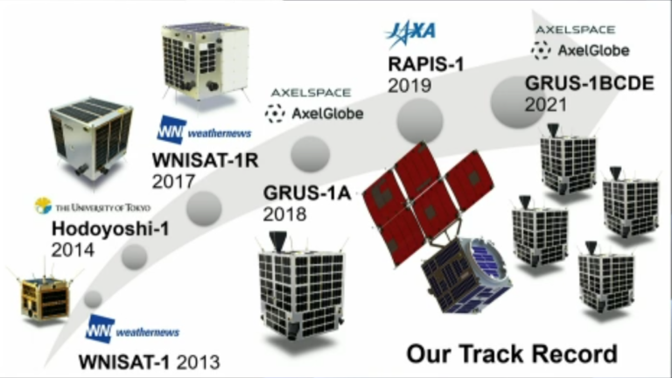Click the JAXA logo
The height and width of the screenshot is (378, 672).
click(x=410, y=33)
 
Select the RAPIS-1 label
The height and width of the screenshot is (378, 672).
click(x=426, y=65)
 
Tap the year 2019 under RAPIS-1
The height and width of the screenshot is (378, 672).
click(x=409, y=85)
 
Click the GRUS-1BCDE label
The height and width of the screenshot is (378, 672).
click(x=590, y=83)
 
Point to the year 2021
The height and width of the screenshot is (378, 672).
click(x=546, y=105)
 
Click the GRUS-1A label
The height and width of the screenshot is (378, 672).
click(x=307, y=193)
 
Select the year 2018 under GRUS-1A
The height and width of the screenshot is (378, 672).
click(x=284, y=214)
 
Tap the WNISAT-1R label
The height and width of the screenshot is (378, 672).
click(x=206, y=161)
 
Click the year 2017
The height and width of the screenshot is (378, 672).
click(x=173, y=182)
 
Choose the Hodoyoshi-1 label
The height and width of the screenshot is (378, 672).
click(x=110, y=229)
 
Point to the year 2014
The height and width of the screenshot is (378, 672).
click(x=73, y=250)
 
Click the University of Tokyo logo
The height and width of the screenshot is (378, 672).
click(x=93, y=206)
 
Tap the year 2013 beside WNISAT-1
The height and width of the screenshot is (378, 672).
click(x=199, y=362)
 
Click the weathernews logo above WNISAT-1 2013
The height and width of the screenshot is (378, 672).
click(x=132, y=329)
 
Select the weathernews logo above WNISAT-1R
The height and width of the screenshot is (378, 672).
click(x=204, y=129)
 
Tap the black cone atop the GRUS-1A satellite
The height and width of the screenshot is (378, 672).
click(x=277, y=241)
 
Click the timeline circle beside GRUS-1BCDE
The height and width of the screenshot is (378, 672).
click(x=517, y=101)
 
